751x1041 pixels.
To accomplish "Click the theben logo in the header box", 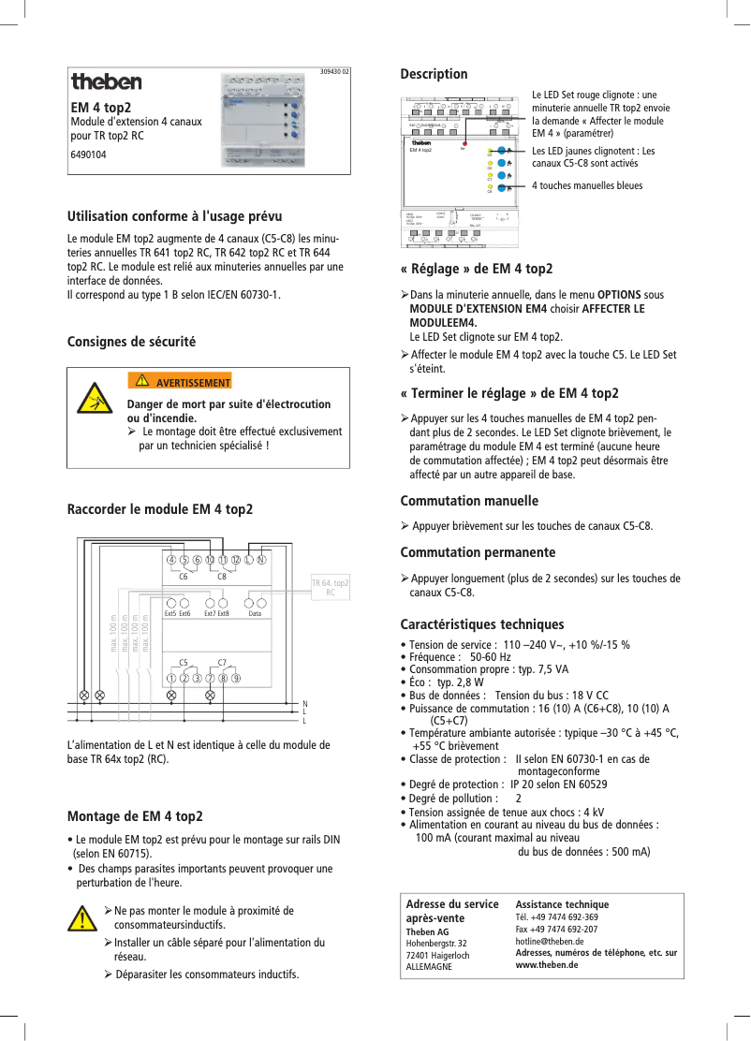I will point(107,82).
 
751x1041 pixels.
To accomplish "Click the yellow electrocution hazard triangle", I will point(92,399).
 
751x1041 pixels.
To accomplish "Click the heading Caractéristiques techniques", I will point(481,624).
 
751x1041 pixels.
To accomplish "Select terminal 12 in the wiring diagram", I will point(235,560).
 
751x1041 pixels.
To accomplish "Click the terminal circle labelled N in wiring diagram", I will point(262,560).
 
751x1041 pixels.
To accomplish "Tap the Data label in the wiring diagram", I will point(254,613).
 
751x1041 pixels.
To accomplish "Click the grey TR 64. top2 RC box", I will point(330,587).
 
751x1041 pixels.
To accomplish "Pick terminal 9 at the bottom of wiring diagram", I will point(237,677).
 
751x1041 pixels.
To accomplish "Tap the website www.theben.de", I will point(547,964).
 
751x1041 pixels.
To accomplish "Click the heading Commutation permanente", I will point(478,552).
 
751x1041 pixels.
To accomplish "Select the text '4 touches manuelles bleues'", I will point(587,185).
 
